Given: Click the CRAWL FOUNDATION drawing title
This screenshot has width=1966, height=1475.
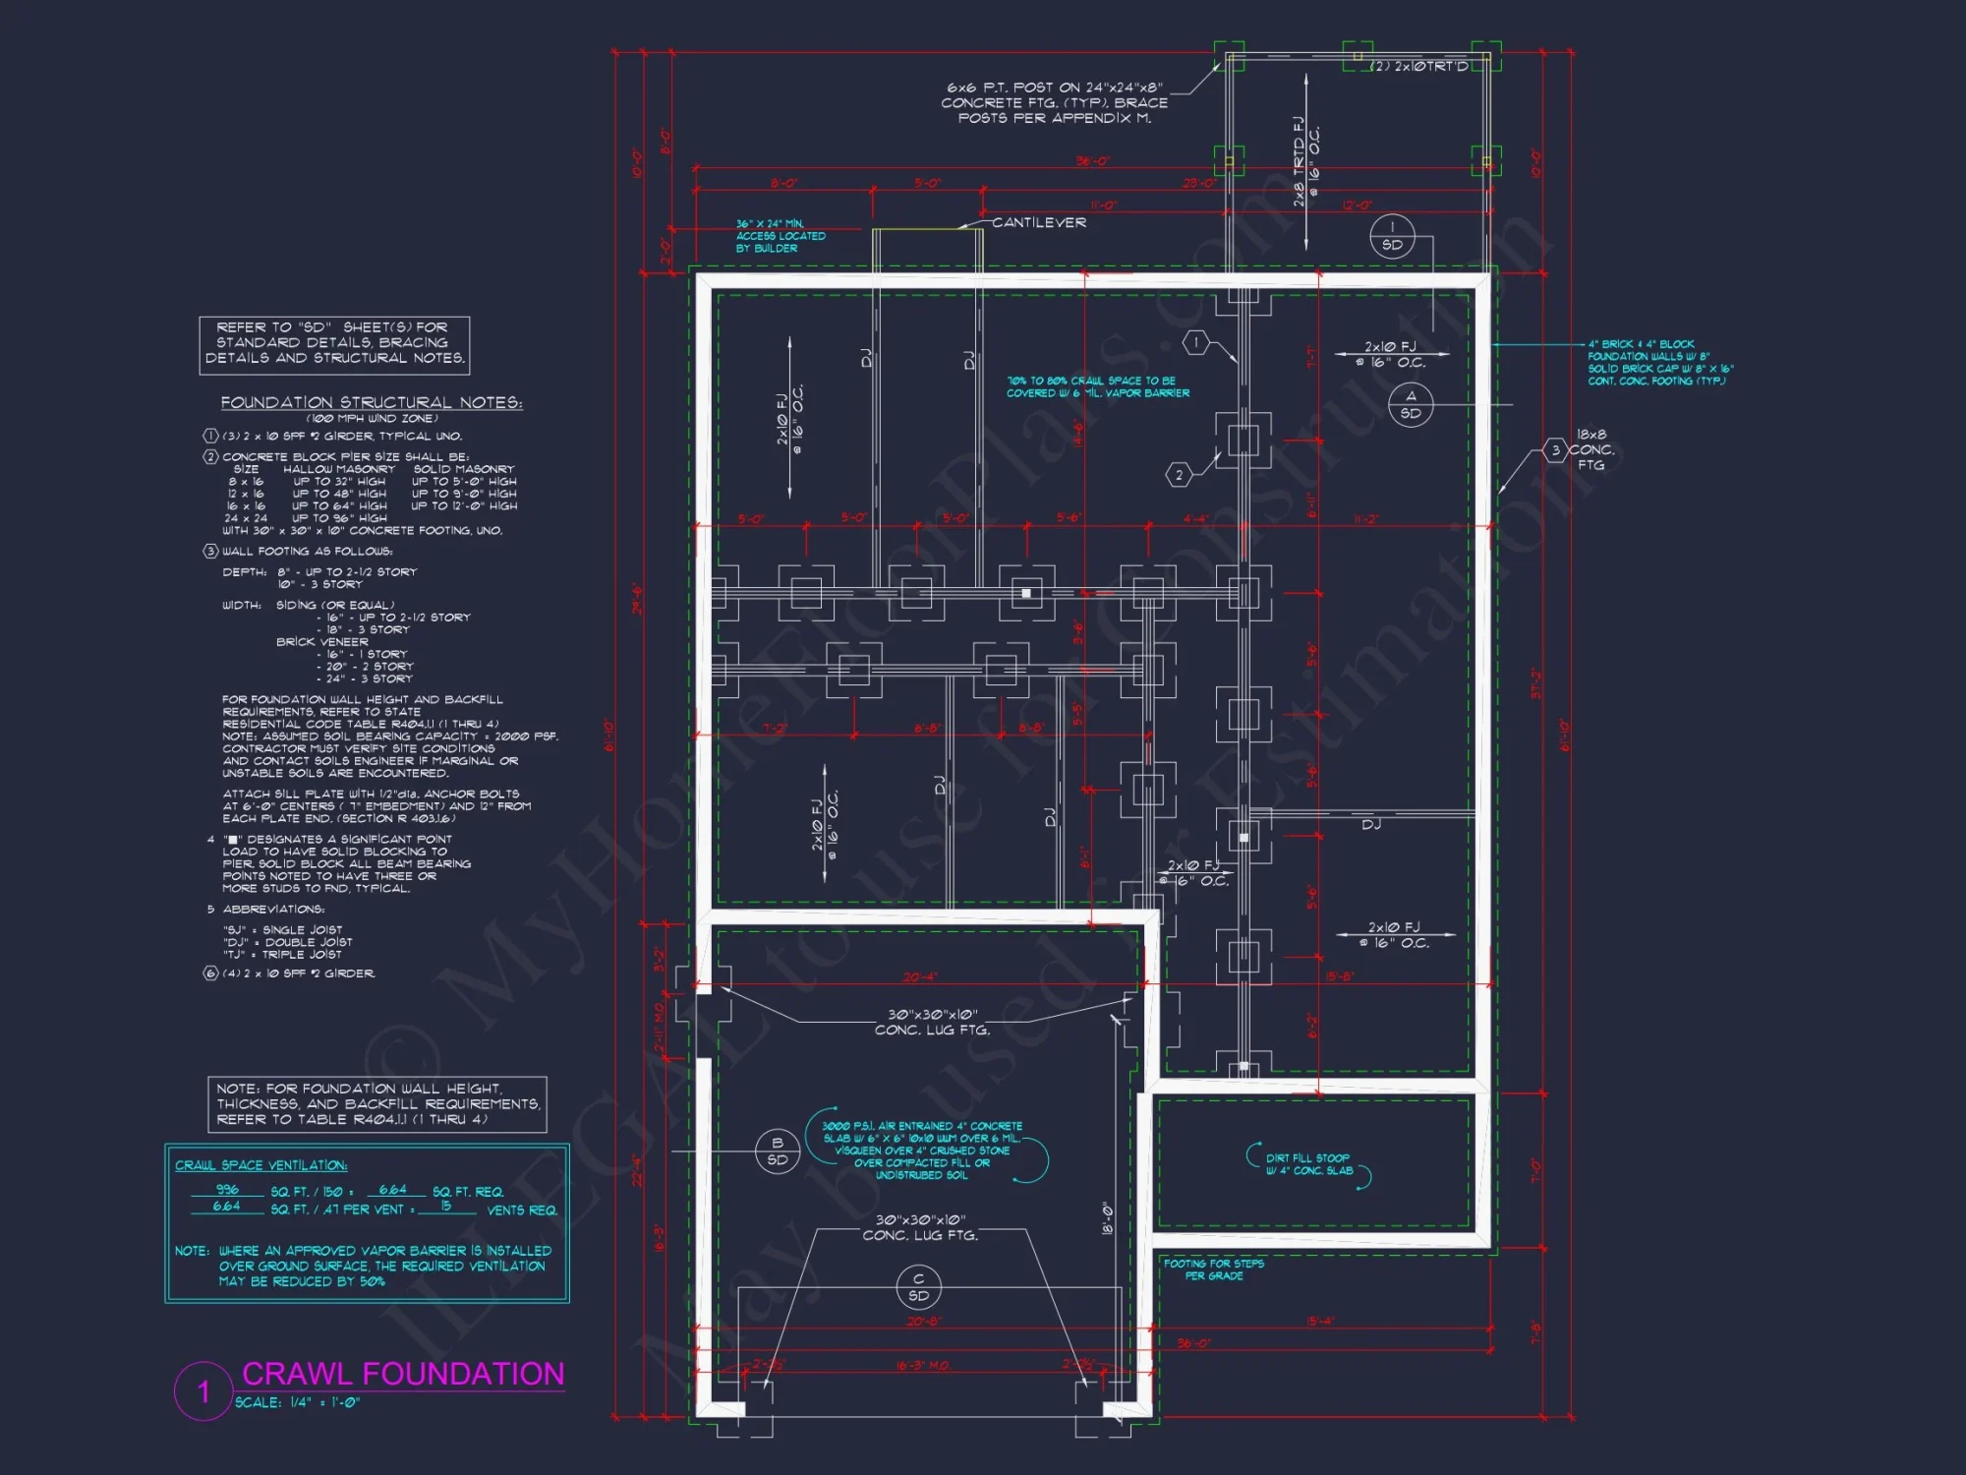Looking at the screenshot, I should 402,1374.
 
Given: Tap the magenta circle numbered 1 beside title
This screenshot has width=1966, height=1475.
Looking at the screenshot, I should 203,1390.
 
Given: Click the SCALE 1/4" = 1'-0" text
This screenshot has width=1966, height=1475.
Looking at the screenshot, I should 297,1403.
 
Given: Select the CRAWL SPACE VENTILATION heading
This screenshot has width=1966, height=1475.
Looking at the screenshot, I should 260,1165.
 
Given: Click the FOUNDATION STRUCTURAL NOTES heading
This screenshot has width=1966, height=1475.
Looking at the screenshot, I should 372,402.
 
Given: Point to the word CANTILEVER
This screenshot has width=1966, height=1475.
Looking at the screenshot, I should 1038,223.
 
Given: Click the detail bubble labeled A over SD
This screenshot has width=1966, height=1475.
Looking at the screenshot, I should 1411,404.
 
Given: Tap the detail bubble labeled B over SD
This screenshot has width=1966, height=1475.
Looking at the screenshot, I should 777,1151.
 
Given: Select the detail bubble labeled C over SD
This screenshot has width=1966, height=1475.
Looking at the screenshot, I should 918,1287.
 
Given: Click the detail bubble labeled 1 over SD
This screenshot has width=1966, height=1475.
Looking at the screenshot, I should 1392,236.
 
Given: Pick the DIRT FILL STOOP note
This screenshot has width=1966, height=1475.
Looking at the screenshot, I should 1308,1164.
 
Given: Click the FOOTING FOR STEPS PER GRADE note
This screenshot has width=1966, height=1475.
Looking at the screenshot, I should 1214,1269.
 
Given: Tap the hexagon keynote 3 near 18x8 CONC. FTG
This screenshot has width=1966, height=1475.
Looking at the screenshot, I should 1555,450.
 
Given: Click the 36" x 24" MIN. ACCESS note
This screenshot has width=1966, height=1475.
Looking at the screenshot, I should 781,236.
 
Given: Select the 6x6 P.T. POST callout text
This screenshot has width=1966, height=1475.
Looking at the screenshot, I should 1055,102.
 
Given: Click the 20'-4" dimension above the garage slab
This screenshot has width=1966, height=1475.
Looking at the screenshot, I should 920,976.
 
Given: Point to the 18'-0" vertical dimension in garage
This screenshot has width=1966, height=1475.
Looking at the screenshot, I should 1107,1218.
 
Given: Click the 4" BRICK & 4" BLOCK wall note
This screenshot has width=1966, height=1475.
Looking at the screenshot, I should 1659,363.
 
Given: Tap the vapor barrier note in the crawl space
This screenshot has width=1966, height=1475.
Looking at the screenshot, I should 1097,386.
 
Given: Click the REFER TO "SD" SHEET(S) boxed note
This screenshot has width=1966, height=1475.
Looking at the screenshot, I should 334,343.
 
